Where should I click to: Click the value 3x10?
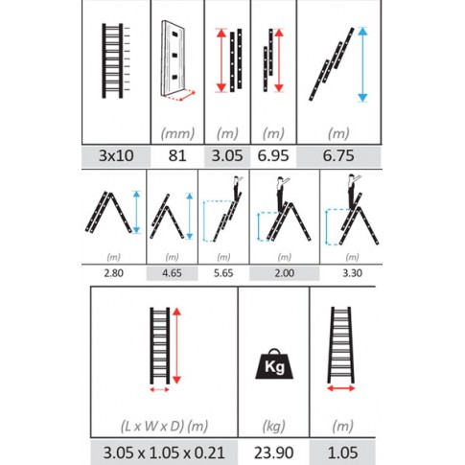coord(116,155)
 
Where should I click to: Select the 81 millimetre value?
coord(177,155)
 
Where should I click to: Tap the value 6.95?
coord(273,155)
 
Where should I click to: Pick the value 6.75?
coord(338,155)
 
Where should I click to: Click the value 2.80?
coord(113,273)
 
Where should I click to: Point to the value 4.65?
coord(172,273)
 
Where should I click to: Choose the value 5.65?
coord(223,273)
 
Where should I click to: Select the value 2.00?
coord(285,273)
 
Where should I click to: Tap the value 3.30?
coord(352,273)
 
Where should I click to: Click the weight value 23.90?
coord(273,453)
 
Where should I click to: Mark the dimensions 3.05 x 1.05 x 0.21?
coord(164,453)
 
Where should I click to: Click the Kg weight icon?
coord(274,364)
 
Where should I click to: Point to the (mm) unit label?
coord(177,133)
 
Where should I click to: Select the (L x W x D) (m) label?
coord(164,426)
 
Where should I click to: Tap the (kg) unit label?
coord(273,426)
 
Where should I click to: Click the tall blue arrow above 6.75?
coord(362,65)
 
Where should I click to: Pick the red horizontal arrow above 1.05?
coord(341,388)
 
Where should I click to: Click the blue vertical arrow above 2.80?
coord(136,212)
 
